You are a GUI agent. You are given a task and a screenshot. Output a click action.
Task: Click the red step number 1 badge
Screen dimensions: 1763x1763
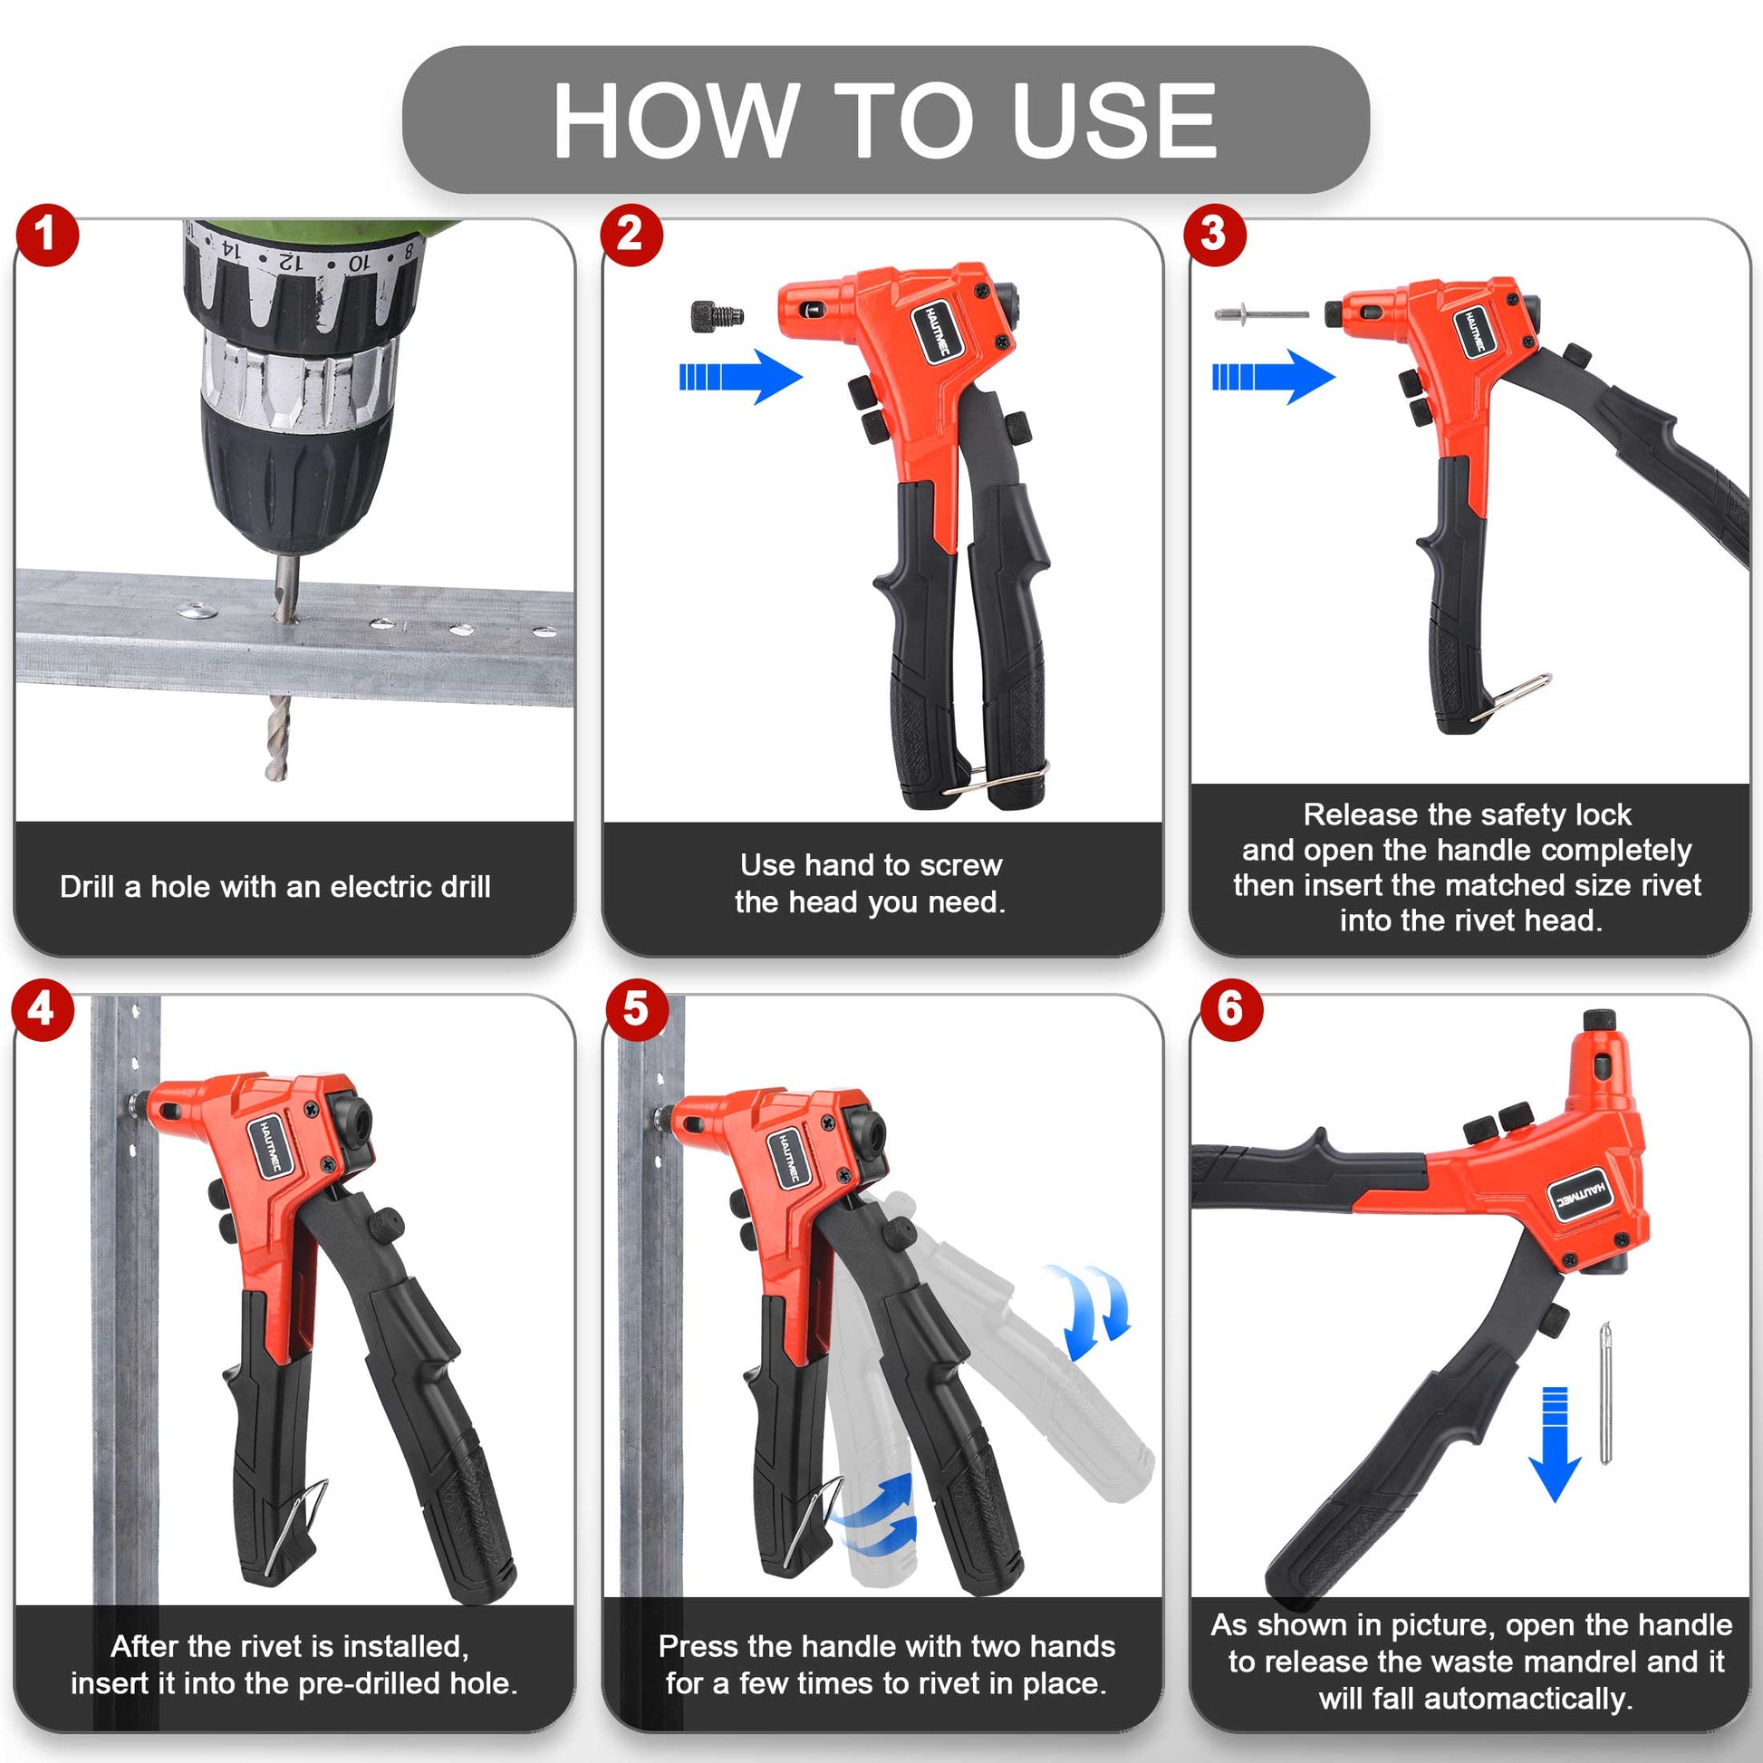(x=46, y=235)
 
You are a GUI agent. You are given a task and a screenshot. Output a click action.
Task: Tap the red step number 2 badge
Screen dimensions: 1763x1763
(x=631, y=235)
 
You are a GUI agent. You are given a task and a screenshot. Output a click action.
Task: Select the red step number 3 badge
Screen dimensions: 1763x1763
(x=1214, y=235)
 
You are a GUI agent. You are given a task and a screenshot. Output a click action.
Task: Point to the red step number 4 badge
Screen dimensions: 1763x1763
(x=42, y=1009)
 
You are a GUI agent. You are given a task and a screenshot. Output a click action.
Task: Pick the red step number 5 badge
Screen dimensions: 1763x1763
(x=635, y=1009)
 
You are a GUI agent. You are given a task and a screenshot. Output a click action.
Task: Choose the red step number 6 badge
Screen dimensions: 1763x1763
(x=1230, y=1009)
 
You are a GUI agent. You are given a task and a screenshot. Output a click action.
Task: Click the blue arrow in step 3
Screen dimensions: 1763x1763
(x=1273, y=377)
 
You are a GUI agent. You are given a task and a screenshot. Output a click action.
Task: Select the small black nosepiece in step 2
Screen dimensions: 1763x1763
(x=718, y=317)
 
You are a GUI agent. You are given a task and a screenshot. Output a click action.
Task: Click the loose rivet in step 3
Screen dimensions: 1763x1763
(x=1261, y=315)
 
